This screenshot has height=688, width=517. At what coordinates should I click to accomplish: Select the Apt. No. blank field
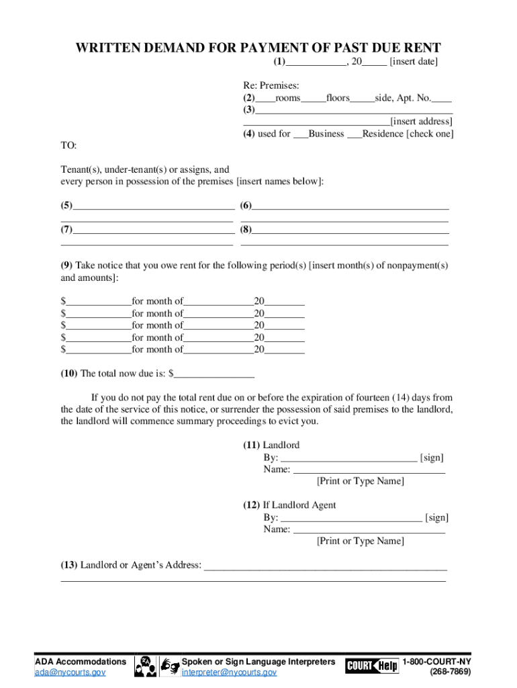[x=442, y=98]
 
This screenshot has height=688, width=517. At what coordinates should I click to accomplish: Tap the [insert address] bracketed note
[x=422, y=122]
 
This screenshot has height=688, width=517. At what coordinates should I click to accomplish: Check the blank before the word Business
[x=301, y=134]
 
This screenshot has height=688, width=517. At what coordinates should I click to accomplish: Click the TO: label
[x=68, y=146]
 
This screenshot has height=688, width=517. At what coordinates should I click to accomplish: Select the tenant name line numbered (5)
[x=154, y=206]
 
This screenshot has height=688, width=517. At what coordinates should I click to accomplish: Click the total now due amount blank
[x=214, y=374]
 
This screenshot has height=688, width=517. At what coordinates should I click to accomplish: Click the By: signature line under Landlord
[x=348, y=458]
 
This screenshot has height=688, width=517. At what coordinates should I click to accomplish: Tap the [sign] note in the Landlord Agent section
[x=437, y=517]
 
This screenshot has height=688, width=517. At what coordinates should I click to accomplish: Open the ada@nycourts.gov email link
[x=70, y=673]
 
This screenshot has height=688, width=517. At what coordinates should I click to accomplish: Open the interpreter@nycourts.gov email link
[x=229, y=673]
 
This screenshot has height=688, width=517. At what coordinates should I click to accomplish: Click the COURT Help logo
[x=372, y=666]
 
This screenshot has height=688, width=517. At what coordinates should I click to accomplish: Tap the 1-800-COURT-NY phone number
[x=436, y=662]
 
